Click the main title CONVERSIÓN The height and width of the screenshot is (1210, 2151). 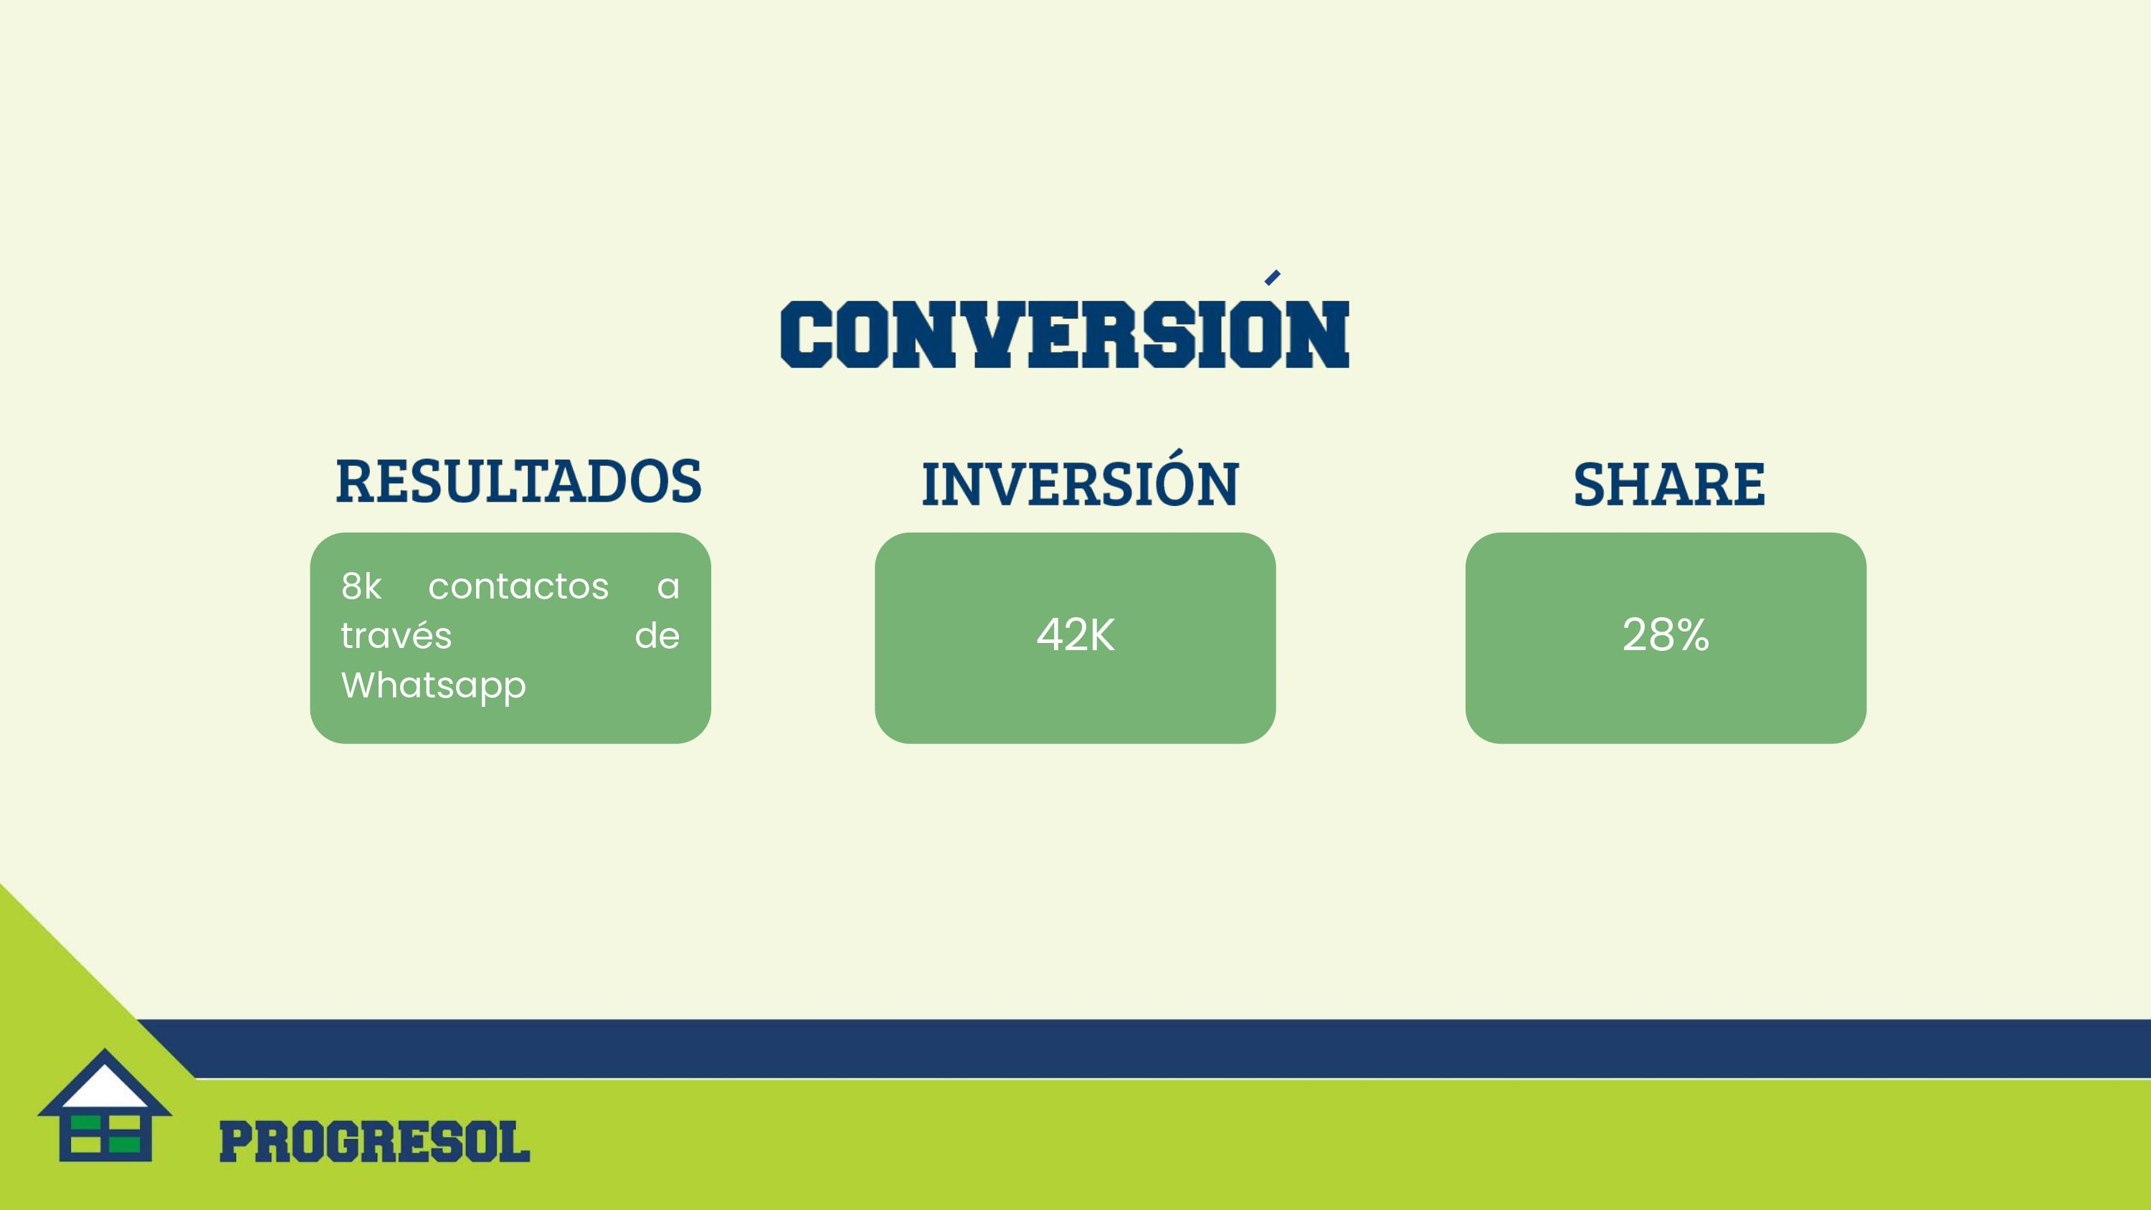1065,334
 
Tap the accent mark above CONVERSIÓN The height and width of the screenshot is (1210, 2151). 1273,277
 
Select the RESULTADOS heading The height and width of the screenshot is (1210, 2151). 518,482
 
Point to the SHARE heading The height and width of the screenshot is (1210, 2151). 1669,485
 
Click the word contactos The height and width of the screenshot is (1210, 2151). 518,586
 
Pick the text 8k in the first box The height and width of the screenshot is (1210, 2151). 361,586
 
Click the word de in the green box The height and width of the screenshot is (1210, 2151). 657,636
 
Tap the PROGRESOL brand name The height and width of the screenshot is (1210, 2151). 374,1143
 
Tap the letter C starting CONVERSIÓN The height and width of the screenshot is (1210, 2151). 807,335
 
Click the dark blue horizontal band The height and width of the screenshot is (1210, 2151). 1144,1048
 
